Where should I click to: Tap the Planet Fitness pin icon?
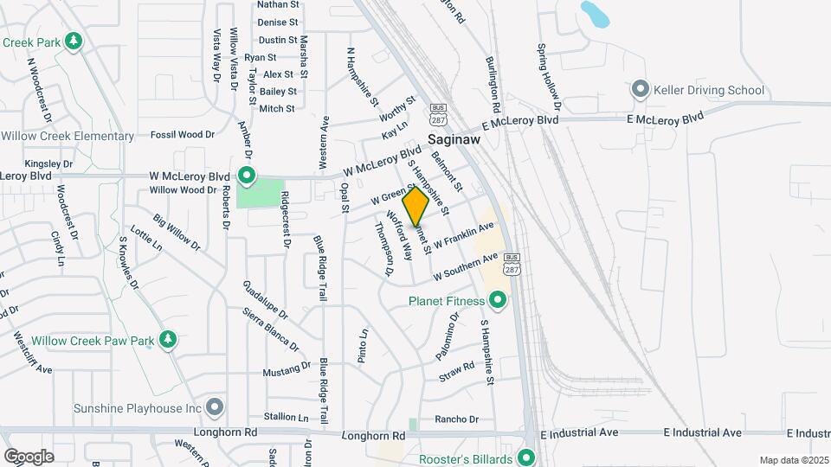pyautogui.click(x=498, y=301)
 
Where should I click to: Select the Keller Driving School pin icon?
pyautogui.click(x=640, y=89)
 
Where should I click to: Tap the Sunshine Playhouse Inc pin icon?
pyautogui.click(x=216, y=407)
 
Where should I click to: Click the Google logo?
pyautogui.click(x=29, y=456)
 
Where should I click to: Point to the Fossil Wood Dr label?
pyautogui.click(x=182, y=134)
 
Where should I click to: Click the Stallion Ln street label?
pyautogui.click(x=286, y=417)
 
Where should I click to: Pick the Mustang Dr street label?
pyautogui.click(x=288, y=371)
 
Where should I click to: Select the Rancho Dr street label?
pyautogui.click(x=456, y=419)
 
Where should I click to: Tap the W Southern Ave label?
pyautogui.click(x=467, y=266)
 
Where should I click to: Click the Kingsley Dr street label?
pyautogui.click(x=48, y=163)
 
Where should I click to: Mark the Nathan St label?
pyautogui.click(x=278, y=4)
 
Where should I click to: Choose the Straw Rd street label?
pyautogui.click(x=457, y=370)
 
